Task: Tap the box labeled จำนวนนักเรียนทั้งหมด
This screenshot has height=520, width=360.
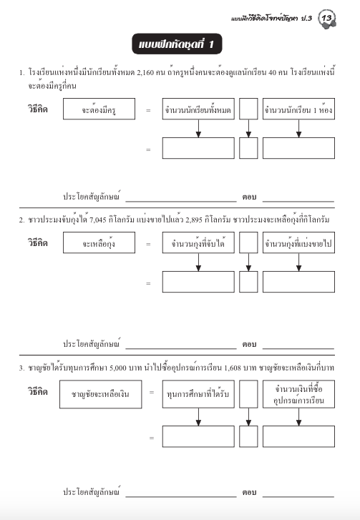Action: (x=198, y=111)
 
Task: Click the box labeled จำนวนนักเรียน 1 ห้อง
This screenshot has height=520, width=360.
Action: (x=298, y=111)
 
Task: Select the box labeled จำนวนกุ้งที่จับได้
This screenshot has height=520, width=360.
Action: (x=198, y=244)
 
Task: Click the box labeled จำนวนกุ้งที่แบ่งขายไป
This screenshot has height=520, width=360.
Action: (x=298, y=244)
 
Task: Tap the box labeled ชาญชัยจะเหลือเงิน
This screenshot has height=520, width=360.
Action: (x=100, y=394)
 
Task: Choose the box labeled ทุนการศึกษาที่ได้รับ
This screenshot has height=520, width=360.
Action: (x=198, y=393)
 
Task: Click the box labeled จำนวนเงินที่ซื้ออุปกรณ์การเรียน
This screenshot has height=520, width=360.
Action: (x=298, y=393)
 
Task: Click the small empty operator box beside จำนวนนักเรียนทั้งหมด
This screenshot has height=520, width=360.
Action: (x=248, y=111)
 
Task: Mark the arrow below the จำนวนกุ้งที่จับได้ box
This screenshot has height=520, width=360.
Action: (x=198, y=263)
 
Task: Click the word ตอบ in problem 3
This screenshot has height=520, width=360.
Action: (x=249, y=493)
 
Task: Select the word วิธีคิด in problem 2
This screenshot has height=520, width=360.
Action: (x=37, y=243)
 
